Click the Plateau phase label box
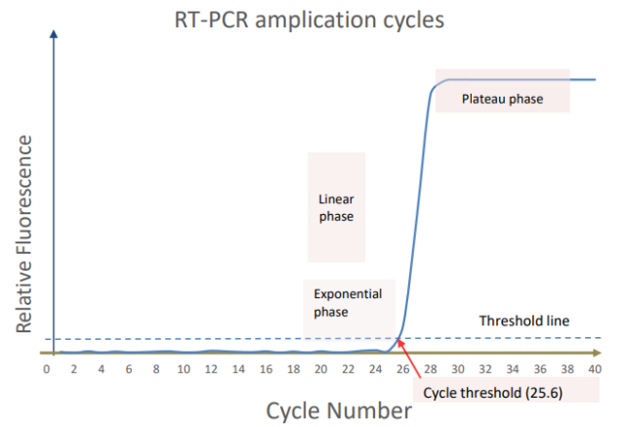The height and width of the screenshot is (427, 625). coord(502,99)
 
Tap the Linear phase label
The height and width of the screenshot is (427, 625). coord(335,207)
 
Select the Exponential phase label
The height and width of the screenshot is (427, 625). coord(348,302)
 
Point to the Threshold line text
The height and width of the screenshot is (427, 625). coord(524,320)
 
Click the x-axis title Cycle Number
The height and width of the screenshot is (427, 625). coord(339,410)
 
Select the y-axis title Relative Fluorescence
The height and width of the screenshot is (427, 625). coord(26,234)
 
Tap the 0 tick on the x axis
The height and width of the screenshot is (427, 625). coord(46,368)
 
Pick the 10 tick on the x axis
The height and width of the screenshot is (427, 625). coord(184,368)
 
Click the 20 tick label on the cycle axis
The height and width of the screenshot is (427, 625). coord(320,368)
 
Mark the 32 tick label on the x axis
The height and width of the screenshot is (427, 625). coord(485,368)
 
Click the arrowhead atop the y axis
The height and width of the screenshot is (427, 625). coord(55,34)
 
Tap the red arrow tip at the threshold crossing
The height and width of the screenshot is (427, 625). coord(398,341)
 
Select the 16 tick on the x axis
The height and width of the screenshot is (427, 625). coord(266,368)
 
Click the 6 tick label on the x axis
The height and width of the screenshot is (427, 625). coord(129,368)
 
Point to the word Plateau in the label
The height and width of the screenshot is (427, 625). coord(483,99)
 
